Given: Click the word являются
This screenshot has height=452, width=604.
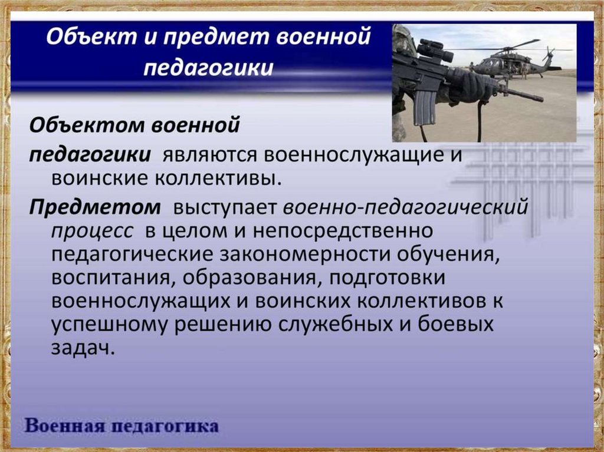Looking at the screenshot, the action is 209,155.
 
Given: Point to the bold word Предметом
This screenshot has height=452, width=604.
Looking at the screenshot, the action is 95,207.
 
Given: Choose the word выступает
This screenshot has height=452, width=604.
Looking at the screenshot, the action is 225,208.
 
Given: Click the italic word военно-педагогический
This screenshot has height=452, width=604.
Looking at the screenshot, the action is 406,208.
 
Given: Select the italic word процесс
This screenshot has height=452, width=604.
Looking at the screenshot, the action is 93,232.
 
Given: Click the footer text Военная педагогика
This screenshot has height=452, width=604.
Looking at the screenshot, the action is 122,427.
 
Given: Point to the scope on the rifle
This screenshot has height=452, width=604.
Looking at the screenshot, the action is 435,50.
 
